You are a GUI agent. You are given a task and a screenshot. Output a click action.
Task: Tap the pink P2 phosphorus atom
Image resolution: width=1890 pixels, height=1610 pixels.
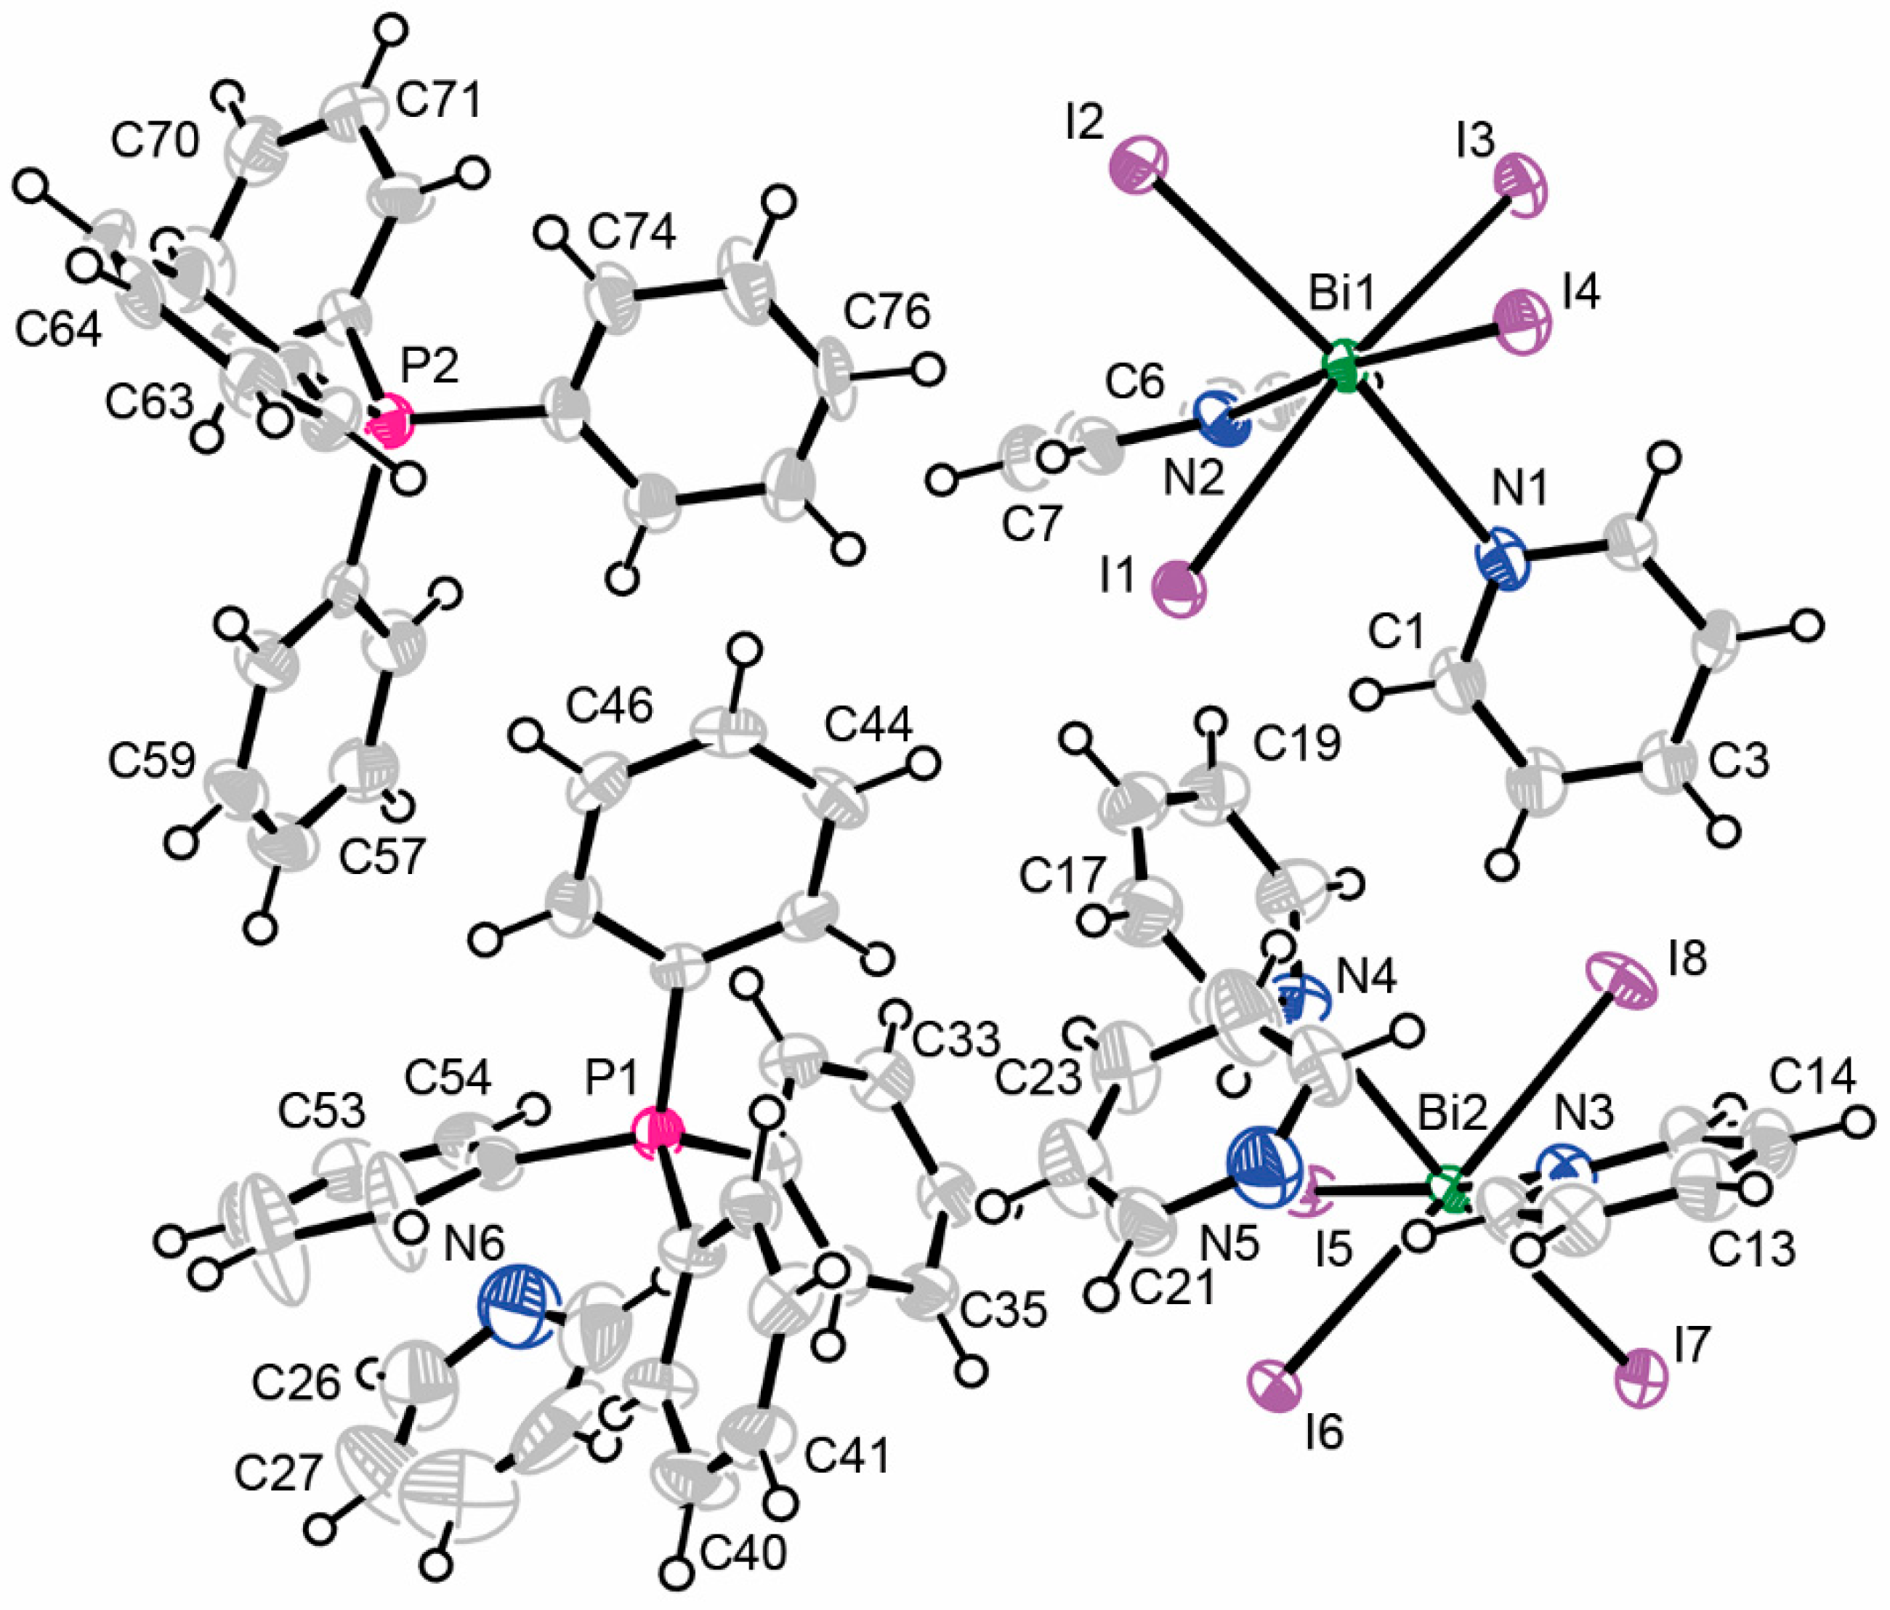tap(389, 421)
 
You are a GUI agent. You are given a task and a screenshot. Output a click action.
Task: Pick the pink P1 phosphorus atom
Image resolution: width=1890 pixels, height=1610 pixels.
tap(658, 1133)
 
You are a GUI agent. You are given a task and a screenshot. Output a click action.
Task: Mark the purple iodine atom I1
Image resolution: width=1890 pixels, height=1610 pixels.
tap(1180, 588)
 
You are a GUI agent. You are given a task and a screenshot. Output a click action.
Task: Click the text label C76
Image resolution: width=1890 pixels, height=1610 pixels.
tap(886, 313)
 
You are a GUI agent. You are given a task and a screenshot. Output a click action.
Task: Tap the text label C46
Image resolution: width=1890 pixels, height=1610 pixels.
tap(610, 705)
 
